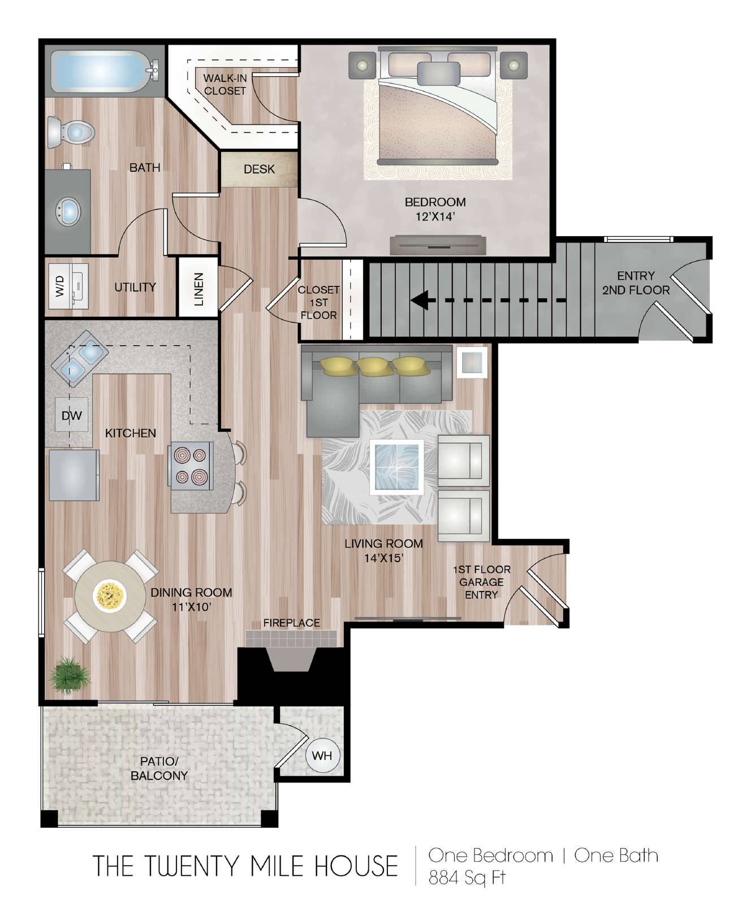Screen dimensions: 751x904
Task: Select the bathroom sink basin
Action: point(68,212)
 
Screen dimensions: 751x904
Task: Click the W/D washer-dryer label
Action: point(61,286)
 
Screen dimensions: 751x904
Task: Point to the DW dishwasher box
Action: point(72,415)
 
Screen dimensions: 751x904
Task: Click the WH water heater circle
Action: point(322,755)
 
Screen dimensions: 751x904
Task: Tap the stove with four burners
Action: point(191,465)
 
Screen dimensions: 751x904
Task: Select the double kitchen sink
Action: point(80,360)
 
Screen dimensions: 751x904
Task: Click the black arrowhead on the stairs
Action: point(418,300)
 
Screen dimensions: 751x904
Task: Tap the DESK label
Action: point(259,169)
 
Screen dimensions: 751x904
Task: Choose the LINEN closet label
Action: point(198,289)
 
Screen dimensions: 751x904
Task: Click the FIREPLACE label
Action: point(292,623)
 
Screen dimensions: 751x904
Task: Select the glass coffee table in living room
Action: point(397,467)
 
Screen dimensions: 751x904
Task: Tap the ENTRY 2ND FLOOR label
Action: point(636,283)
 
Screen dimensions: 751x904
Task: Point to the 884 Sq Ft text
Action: point(467,878)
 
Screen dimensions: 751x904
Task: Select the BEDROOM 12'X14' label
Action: point(435,208)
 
